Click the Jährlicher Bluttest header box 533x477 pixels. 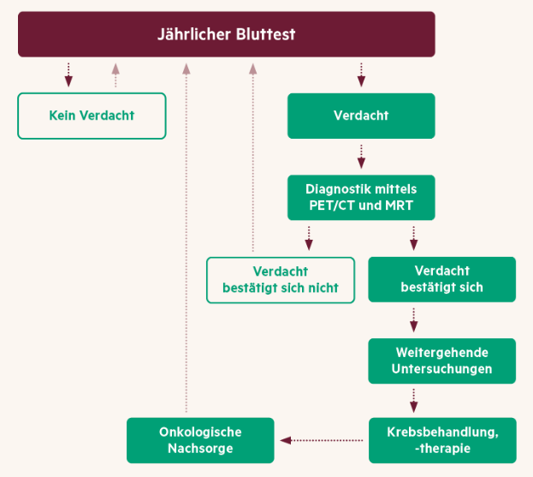[x=227, y=34]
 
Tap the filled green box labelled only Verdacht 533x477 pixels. [x=361, y=116]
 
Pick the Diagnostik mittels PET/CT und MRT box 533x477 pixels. [x=361, y=197]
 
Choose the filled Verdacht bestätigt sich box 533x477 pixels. [x=442, y=279]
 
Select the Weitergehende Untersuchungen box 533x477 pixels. [x=442, y=361]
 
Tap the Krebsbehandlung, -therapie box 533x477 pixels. [x=442, y=440]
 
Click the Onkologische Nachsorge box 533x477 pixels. [x=200, y=440]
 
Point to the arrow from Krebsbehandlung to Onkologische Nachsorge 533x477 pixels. [x=321, y=440]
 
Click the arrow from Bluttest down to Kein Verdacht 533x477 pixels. [x=68, y=75]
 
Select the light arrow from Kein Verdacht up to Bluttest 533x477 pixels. [x=115, y=75]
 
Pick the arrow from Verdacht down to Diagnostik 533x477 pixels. [x=361, y=157]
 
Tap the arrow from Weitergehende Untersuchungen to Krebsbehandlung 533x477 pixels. [x=414, y=401]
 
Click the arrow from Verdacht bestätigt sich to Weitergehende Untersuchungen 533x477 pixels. [x=414, y=320]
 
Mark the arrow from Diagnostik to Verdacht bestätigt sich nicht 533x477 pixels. [x=309, y=238]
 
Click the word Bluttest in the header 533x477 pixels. [x=265, y=34]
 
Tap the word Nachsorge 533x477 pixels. [x=200, y=448]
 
